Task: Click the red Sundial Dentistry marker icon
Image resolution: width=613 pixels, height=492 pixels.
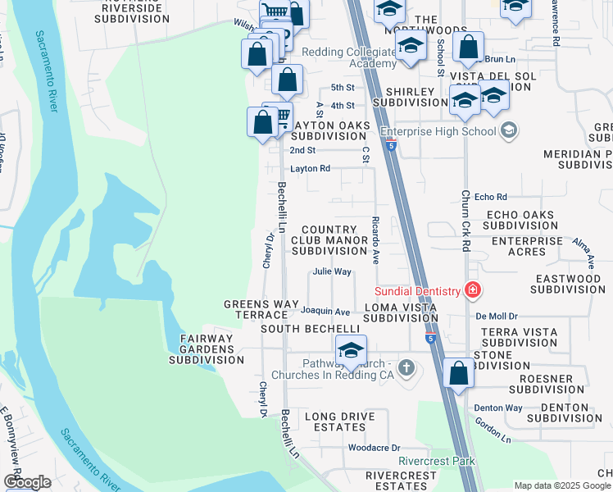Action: [x=472, y=289]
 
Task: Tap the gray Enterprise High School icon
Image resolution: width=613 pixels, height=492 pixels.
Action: [x=509, y=130]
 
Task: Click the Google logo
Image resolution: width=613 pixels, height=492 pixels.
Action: [x=27, y=482]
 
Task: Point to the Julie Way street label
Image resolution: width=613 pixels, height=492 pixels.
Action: [x=331, y=272]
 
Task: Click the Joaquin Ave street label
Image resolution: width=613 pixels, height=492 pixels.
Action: [x=325, y=312]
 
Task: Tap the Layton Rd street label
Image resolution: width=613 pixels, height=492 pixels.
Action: [x=310, y=169]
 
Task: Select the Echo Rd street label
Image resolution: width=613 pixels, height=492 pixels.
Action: [x=491, y=197]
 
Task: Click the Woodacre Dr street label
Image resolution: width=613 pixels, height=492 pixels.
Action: [x=373, y=448]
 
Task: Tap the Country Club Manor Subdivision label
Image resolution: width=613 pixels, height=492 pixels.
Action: [x=329, y=240]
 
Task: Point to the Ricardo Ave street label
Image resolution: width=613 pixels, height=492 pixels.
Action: [x=374, y=240]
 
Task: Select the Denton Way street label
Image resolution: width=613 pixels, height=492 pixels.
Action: [x=497, y=408]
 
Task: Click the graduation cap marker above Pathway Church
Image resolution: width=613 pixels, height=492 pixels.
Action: [x=350, y=350]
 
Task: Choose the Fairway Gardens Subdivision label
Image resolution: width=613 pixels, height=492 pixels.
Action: [x=202, y=348]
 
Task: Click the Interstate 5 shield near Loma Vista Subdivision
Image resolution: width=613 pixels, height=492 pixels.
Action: [x=430, y=337]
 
